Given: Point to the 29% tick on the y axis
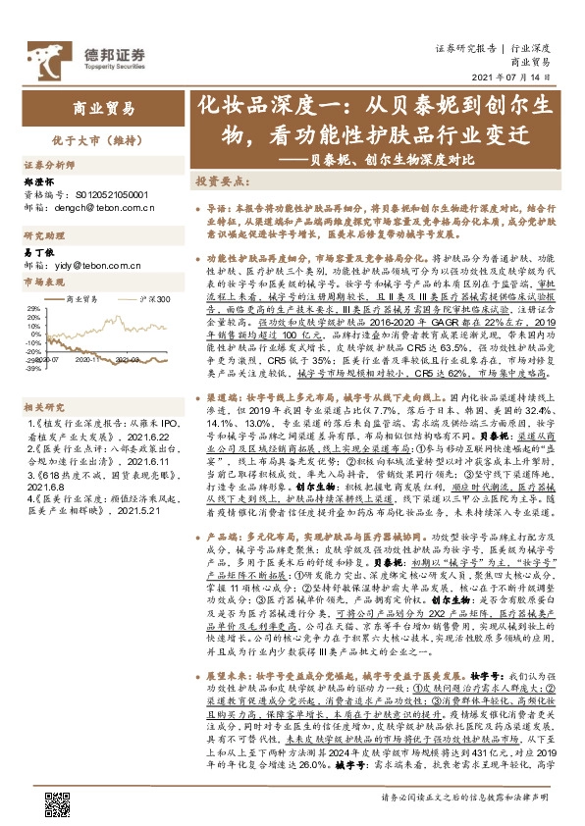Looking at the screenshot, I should (34, 308).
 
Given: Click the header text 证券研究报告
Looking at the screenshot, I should (465, 47).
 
